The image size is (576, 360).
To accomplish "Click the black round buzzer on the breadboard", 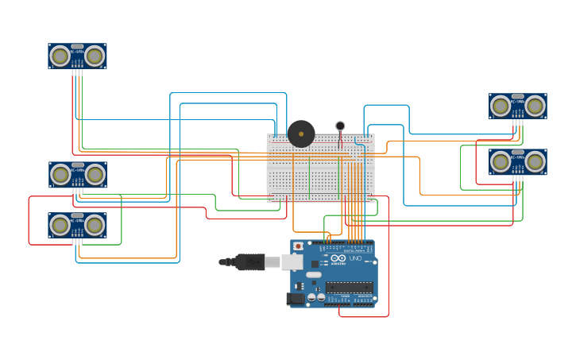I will [301, 134].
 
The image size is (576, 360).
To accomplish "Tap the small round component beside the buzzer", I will [340, 126].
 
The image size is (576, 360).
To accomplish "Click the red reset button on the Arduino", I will [299, 246].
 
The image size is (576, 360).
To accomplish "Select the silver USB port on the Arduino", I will [292, 261].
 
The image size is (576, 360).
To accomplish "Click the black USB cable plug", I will [249, 261].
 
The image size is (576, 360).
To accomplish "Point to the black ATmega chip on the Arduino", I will [349, 287].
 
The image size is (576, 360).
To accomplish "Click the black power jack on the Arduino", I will [295, 299].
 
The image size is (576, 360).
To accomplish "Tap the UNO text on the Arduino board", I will [355, 258].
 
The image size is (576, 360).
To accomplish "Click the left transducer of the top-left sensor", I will [60, 56].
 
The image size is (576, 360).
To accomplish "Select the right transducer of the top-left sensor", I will [95, 56].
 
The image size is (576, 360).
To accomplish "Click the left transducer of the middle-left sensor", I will [60, 174].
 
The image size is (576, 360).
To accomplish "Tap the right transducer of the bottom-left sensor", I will [95, 225].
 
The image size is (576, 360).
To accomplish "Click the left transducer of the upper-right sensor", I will [501, 106].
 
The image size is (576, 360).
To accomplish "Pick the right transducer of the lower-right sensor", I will [535, 162].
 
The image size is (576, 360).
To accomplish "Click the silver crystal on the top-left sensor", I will [77, 47].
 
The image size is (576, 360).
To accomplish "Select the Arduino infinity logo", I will [338, 258].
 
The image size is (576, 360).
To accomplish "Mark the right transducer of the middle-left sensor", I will [95, 174].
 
